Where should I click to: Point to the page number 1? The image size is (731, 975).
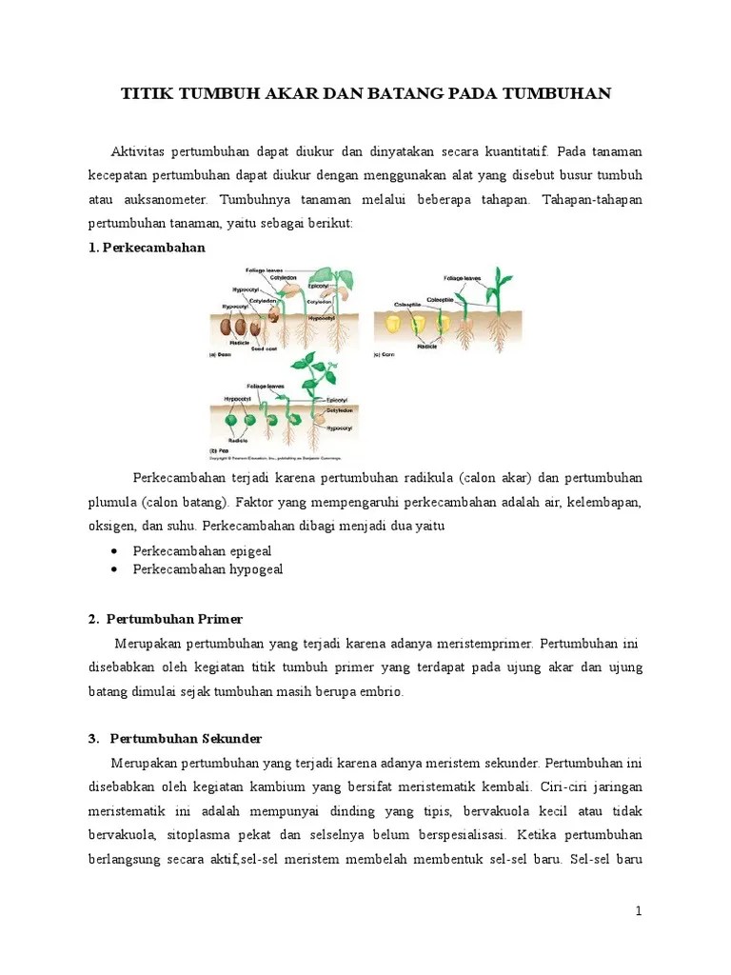pos(639,911)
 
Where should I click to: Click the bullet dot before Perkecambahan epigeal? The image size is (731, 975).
pos(115,551)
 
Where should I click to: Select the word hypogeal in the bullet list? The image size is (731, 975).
pos(255,569)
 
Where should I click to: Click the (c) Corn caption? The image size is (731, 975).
pos(385,354)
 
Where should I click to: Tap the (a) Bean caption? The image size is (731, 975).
pos(221,354)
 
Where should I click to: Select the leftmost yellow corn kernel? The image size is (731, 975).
pos(389,324)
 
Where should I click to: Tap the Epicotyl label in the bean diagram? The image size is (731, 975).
pos(317,285)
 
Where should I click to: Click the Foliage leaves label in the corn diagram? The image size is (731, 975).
pos(462,279)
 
